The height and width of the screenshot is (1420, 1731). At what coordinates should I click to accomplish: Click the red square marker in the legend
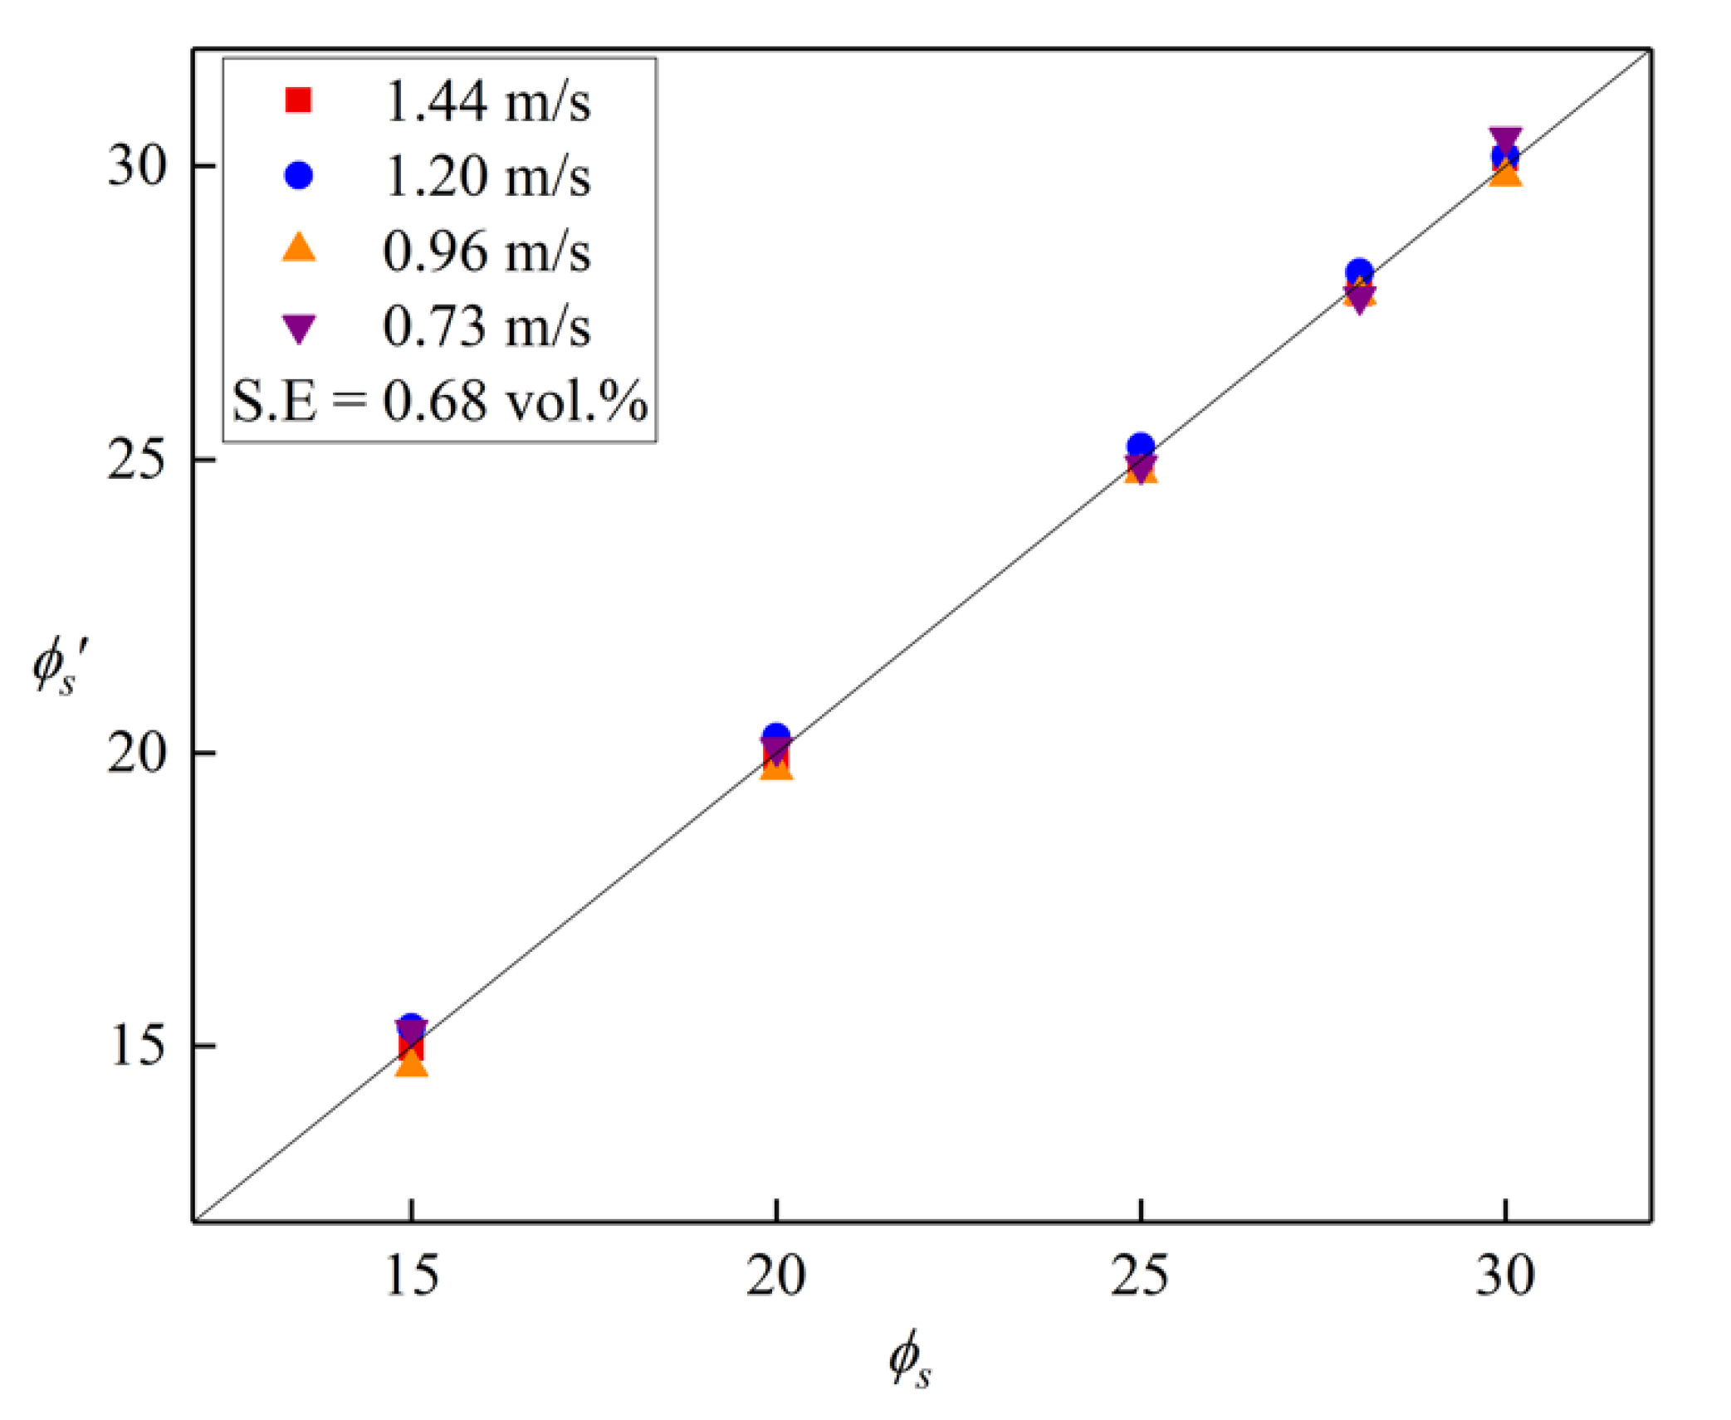click(298, 100)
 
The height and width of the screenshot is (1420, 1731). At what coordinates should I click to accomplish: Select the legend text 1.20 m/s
click(487, 176)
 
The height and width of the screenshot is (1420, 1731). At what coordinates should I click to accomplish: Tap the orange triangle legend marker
click(299, 248)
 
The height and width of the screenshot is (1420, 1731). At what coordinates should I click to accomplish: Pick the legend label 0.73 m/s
click(487, 326)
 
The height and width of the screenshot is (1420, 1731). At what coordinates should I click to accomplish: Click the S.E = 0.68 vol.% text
click(439, 402)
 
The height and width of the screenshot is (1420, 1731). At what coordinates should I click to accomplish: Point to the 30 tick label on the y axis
click(138, 166)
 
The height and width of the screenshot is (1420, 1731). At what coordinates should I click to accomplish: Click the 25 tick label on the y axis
click(138, 460)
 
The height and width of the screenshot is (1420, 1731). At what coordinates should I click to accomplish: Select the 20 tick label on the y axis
click(138, 754)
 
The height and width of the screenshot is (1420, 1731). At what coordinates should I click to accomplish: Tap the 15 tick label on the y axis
click(138, 1046)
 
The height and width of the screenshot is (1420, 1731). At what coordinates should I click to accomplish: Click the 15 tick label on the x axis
click(411, 1276)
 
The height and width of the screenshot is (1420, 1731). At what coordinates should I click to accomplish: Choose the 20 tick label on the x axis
click(775, 1276)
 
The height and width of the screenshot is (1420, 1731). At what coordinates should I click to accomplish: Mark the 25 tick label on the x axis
click(1140, 1276)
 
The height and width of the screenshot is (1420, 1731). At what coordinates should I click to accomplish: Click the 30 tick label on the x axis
click(1504, 1276)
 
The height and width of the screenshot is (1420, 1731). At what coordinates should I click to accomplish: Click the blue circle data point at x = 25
click(1141, 446)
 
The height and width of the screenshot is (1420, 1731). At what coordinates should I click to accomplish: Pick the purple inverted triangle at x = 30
click(1505, 139)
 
